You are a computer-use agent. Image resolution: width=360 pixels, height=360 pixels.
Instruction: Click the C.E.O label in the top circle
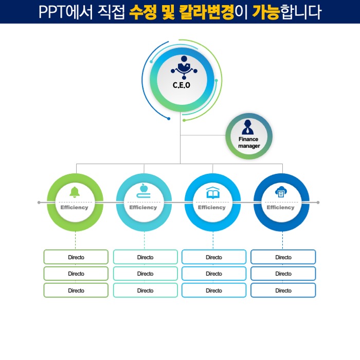[x=181, y=85]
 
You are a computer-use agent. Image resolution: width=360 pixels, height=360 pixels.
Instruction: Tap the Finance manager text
[x=249, y=142]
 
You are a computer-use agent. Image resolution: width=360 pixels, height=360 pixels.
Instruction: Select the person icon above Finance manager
[x=248, y=127]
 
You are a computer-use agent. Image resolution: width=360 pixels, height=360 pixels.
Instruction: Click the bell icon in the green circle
[x=75, y=192]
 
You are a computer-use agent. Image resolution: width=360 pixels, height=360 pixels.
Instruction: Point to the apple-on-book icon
[x=144, y=191]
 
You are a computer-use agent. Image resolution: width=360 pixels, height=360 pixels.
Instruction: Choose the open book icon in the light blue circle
[x=212, y=193]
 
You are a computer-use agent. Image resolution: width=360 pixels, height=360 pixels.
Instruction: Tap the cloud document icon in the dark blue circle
[x=281, y=192]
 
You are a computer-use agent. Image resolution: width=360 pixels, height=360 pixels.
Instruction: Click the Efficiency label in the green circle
[x=75, y=207]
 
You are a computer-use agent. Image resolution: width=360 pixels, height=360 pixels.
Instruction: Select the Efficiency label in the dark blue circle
[x=281, y=207]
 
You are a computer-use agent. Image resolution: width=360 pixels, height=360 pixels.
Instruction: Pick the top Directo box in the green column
[x=76, y=257]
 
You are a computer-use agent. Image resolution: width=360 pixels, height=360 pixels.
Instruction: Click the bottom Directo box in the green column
[x=76, y=291]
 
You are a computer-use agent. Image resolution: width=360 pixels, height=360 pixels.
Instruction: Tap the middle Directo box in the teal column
[x=145, y=274]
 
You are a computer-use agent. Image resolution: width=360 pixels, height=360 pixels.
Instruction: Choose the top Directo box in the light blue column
[x=214, y=257]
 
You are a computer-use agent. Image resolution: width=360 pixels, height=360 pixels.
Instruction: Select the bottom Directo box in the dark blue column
[x=283, y=291]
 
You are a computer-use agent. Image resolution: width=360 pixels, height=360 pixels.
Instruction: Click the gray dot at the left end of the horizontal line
[x=39, y=203]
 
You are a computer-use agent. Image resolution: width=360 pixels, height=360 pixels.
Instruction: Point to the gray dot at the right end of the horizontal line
[x=318, y=203]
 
